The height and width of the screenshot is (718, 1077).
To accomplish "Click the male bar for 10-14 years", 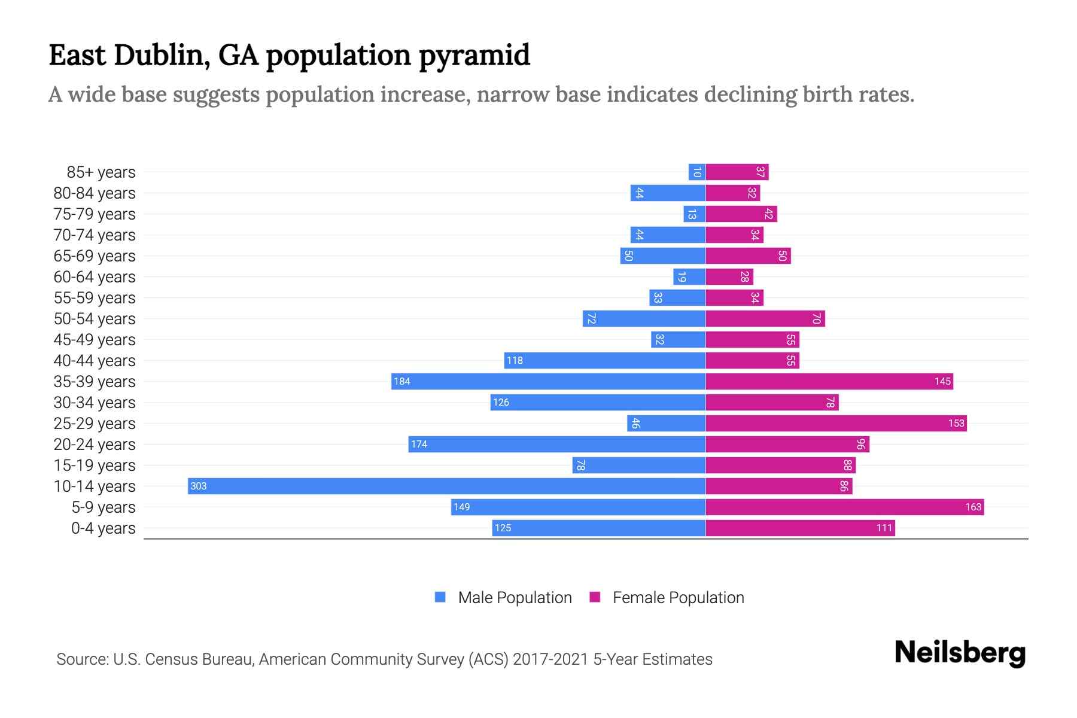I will click(x=446, y=486).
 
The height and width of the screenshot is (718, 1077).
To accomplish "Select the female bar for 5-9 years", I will click(x=844, y=507).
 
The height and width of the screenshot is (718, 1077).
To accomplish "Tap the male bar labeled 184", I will click(x=548, y=381).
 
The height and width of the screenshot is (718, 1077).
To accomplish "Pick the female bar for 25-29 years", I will click(x=836, y=423).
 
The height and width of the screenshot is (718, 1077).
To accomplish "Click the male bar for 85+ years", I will click(x=697, y=172).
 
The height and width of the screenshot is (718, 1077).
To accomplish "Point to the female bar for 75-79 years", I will click(x=741, y=214).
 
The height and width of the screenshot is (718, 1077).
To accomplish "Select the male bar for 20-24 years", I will click(x=556, y=444).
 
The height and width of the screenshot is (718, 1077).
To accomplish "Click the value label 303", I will click(x=198, y=486).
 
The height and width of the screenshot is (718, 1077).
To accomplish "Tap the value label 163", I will click(x=973, y=507).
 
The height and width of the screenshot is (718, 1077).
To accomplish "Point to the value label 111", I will click(x=884, y=528).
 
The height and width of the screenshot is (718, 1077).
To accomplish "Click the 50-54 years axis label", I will click(x=95, y=318).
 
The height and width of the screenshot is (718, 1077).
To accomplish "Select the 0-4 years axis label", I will click(x=103, y=528).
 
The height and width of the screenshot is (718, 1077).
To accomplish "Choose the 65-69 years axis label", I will click(x=95, y=255).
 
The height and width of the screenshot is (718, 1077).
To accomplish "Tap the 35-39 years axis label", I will click(x=95, y=381).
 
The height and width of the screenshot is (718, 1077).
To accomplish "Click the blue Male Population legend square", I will click(x=440, y=597).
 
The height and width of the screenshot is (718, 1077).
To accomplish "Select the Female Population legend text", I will click(x=678, y=597).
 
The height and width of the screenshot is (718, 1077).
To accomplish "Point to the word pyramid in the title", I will click(x=474, y=56).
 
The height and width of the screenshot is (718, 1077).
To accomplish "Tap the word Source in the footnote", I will click(x=81, y=659).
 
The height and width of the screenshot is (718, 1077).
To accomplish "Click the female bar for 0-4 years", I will click(x=800, y=528).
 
